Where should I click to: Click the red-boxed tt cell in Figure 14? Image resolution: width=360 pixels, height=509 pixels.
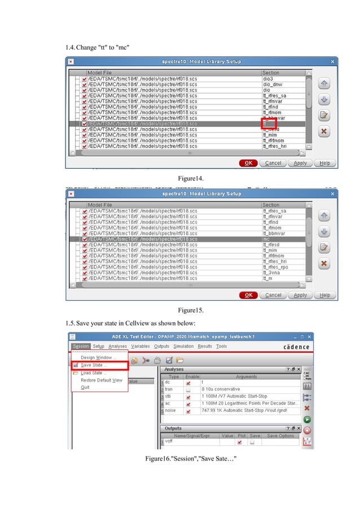(267, 124)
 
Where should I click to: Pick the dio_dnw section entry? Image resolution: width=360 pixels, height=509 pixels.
(271, 84)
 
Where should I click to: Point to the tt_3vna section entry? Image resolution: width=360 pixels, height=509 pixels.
(271, 273)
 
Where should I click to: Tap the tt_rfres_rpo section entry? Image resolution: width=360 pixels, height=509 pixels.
(275, 267)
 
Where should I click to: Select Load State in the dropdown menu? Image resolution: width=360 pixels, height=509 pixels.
(93, 372)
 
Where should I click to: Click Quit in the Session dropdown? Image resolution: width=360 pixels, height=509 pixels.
(85, 387)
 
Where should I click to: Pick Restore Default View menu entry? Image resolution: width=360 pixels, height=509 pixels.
(102, 380)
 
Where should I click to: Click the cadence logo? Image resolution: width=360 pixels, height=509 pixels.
(296, 346)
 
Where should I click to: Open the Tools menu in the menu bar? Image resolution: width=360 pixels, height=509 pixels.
(221, 346)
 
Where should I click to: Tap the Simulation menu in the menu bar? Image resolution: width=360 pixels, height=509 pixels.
(183, 346)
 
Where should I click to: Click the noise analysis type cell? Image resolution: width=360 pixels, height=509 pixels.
(170, 411)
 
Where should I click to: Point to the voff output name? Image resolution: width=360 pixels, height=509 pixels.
(169, 442)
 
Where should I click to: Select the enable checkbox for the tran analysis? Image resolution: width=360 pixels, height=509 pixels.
(188, 389)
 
